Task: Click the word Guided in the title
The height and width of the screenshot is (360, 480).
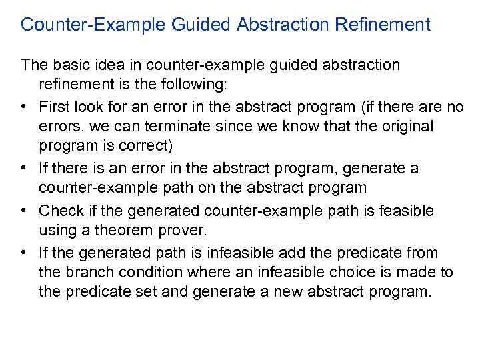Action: tap(200, 25)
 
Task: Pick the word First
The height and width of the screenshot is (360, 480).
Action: tap(53, 107)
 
